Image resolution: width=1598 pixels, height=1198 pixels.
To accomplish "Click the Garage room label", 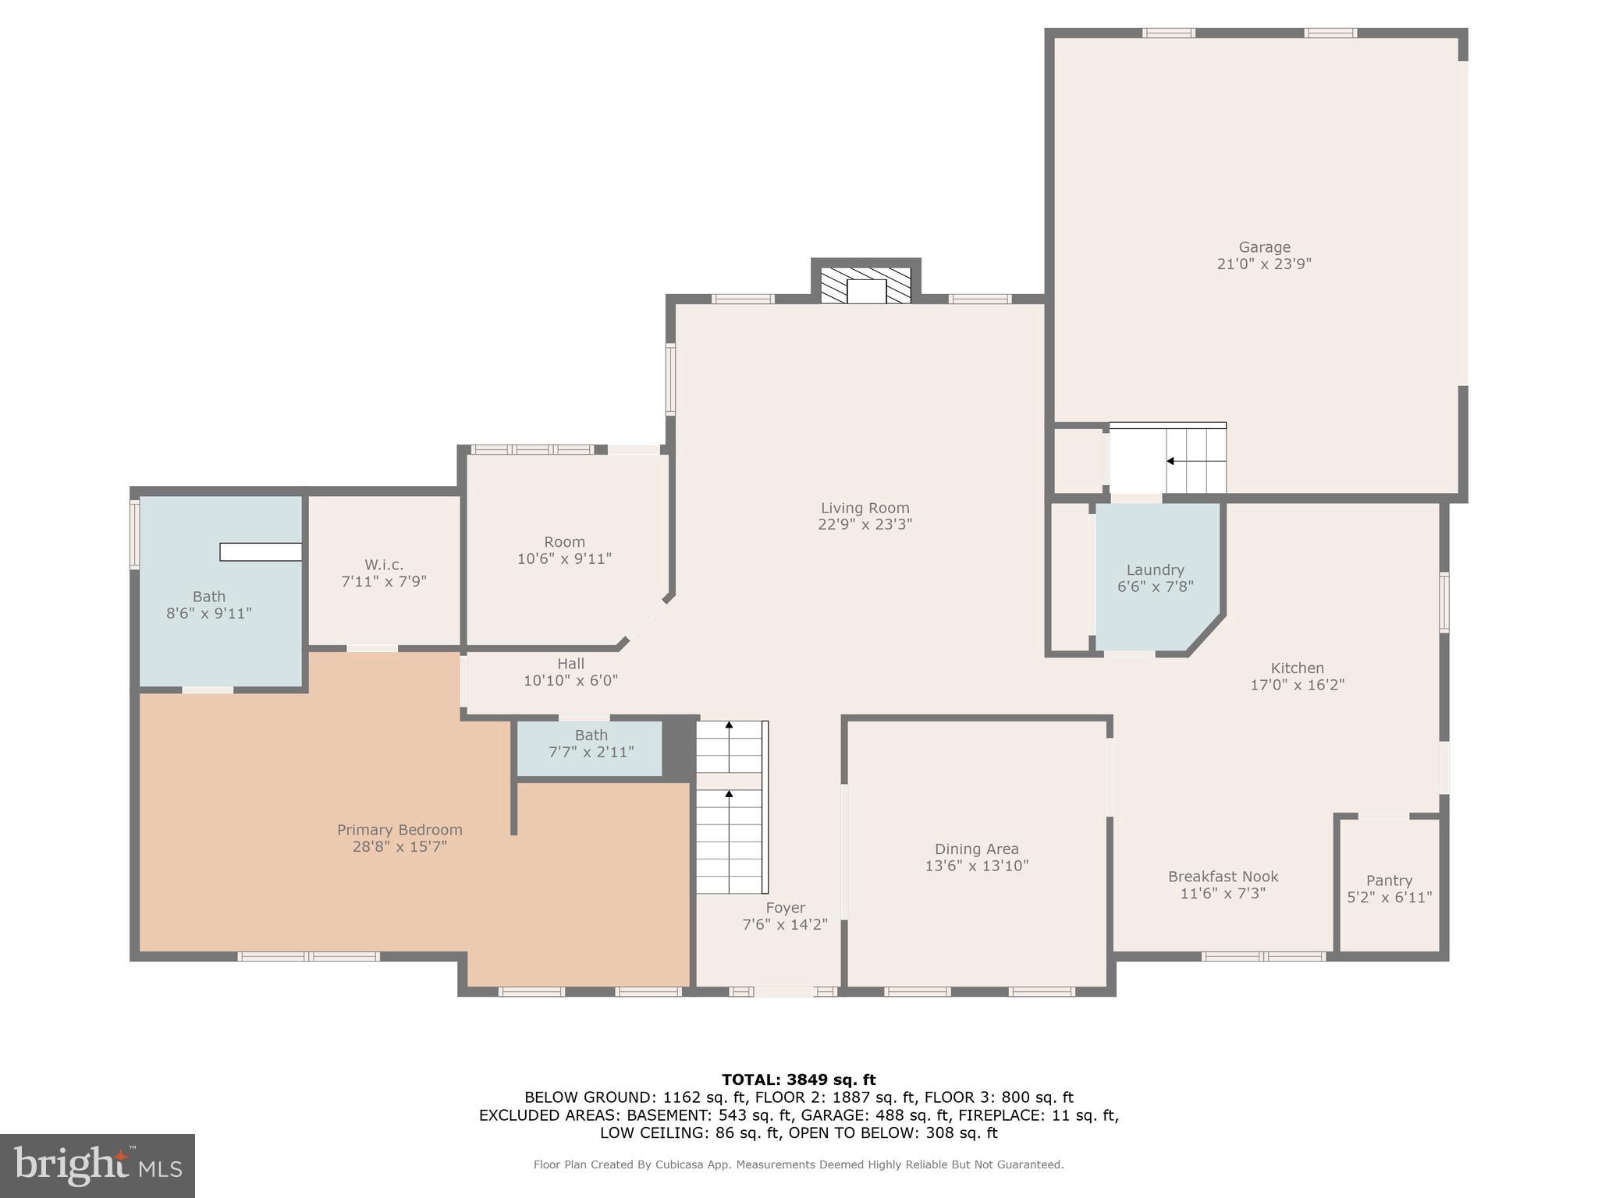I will coord(1264,247).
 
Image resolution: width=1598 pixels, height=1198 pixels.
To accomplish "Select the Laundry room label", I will coord(1155,570).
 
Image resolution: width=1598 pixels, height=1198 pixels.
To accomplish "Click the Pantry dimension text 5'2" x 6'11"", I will coord(1389,897).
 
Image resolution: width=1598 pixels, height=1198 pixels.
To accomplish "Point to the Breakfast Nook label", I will coord(1223,877).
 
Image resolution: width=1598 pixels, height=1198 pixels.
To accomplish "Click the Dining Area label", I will coord(976,849).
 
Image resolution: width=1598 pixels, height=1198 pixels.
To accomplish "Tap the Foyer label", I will coord(785,908).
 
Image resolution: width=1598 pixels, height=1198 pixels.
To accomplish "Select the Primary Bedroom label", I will coord(399,830).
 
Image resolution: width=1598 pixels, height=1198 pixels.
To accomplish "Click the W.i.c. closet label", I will coord(383,565).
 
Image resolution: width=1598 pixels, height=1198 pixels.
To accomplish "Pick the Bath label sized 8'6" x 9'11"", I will coord(208,597).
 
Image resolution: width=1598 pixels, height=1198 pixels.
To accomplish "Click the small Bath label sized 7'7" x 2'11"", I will coord(591,735).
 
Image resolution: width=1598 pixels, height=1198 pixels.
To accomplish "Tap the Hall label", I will coord(570,664).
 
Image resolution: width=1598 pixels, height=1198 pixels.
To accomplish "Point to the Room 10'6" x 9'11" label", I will coord(564,542).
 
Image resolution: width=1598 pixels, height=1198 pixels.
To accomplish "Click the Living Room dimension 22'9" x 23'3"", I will coord(865,525).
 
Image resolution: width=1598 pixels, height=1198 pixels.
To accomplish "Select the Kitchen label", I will coord(1297,668).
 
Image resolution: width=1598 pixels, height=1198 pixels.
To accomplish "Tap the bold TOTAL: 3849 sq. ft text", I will coord(798,1080).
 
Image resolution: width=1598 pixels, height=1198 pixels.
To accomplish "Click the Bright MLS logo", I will coord(98,1166).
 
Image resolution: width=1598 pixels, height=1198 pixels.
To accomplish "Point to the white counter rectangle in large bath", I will coord(261,551).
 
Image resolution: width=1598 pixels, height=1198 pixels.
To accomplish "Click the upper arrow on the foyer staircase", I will coord(729,725).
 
